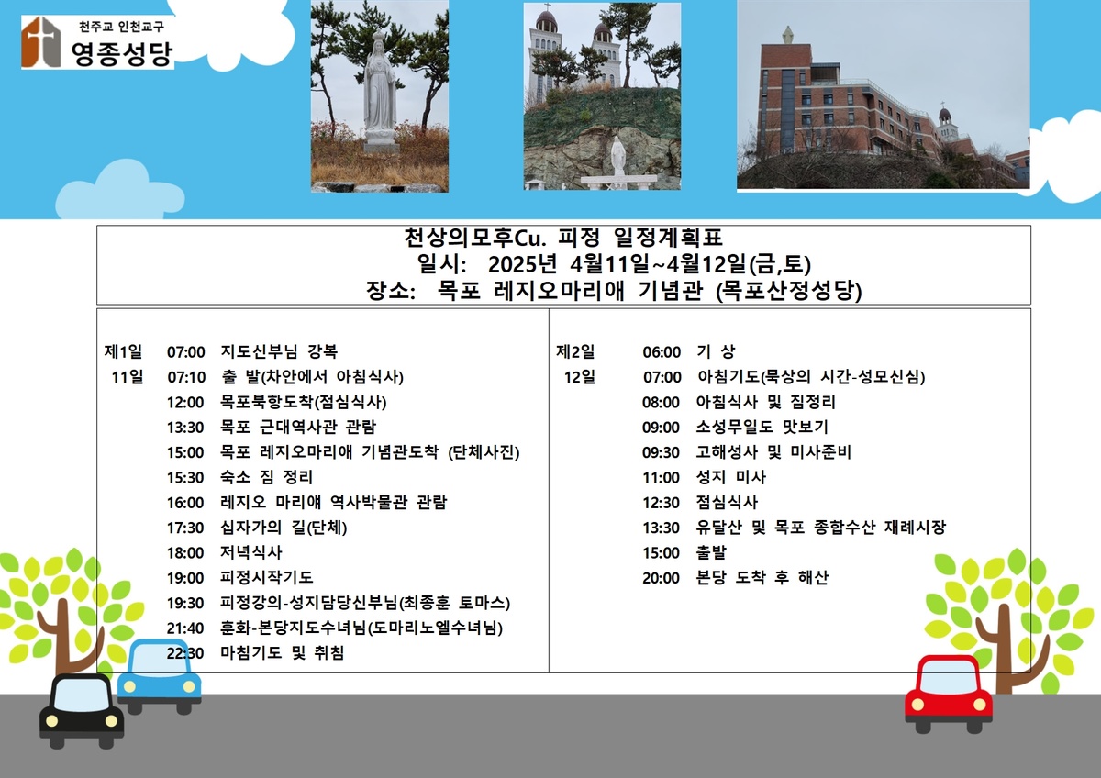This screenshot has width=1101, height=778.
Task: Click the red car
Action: pos(948,694)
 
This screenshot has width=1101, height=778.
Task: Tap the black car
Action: pos(81,711)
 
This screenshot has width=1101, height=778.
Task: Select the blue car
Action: pos(159,676)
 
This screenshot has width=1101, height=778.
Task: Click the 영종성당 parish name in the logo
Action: pos(122,53)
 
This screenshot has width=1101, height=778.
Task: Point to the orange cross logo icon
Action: pos(40,42)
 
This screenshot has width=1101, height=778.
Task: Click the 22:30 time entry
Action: pos(184,653)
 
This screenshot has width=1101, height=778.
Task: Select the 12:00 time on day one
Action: pos(184,403)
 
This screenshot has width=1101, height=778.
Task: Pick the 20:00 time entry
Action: pos(661,578)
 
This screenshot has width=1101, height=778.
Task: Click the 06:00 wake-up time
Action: pos(662,352)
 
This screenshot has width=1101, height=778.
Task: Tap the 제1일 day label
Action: pos(123,351)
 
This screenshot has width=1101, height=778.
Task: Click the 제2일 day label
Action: pos(575,351)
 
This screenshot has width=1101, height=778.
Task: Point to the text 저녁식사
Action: pos(250,552)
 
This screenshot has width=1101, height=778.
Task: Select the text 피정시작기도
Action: pos(266,577)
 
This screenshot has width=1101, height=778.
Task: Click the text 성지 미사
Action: pos(731,477)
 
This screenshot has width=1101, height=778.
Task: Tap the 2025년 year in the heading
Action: pos(522,264)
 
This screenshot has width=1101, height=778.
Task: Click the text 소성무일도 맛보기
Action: pos(762,427)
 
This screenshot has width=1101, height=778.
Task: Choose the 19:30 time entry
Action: pos(184,603)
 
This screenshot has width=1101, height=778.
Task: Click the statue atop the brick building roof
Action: pos(787,34)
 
